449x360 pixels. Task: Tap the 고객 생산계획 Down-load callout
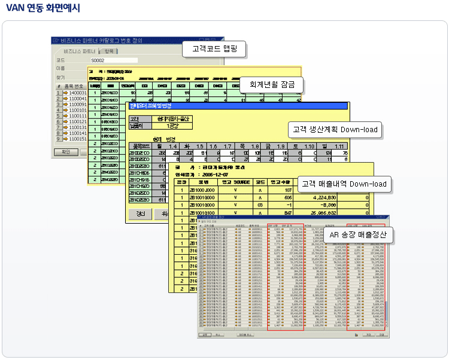click(x=335, y=129)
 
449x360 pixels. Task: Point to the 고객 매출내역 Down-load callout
click(x=344, y=184)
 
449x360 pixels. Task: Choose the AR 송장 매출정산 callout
click(x=357, y=235)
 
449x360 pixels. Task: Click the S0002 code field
click(x=114, y=60)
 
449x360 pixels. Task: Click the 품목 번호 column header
click(x=75, y=86)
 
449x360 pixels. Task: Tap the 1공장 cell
click(x=167, y=126)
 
